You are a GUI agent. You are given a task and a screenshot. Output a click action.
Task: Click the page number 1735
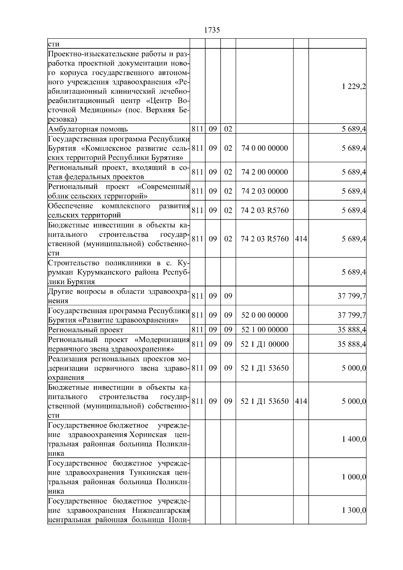tap(212, 30)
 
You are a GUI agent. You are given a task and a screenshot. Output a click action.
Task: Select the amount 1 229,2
tap(354, 87)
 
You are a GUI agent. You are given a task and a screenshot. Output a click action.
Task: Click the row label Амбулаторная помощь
tap(88, 129)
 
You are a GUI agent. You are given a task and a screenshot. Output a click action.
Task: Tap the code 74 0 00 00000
tap(264, 148)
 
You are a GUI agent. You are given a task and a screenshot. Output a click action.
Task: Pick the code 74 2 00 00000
tap(264, 172)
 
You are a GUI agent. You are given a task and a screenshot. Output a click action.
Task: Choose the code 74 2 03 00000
tap(264, 191)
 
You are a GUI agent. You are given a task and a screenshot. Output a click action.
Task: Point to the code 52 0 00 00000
tap(264, 315)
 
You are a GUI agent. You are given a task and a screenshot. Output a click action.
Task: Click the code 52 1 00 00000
tap(264, 330)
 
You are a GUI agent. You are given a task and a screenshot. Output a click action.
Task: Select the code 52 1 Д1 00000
tap(264, 344)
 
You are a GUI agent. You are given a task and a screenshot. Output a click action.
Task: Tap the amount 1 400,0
tap(354, 439)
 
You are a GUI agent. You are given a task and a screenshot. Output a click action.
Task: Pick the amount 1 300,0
tap(354, 511)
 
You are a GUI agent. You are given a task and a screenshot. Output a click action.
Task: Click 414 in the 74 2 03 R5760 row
tap(301, 239)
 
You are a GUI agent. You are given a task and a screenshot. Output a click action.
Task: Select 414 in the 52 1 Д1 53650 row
tap(301, 401)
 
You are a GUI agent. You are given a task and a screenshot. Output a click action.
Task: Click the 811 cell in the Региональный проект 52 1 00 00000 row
tap(197, 330)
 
